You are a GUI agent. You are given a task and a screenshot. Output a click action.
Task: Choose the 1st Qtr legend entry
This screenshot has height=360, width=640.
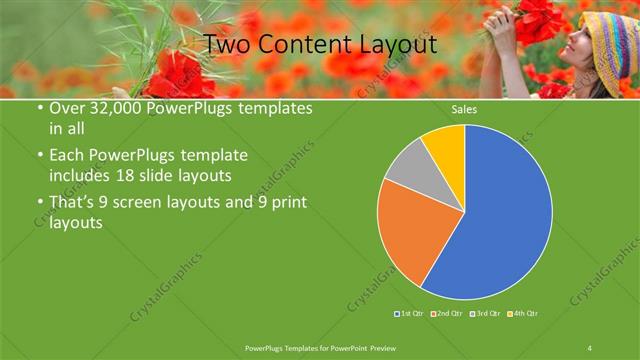pos(410,314)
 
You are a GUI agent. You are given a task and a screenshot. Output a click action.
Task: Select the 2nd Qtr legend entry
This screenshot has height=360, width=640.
pos(446,314)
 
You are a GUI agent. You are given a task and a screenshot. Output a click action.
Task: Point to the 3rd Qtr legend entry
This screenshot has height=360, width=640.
pos(484,314)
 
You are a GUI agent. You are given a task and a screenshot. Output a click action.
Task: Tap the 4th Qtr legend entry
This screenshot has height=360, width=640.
pos(522,314)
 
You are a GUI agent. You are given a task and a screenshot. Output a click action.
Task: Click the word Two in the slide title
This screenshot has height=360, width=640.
pos(225,44)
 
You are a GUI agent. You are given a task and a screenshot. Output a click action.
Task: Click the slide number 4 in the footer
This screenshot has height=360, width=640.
pos(590,348)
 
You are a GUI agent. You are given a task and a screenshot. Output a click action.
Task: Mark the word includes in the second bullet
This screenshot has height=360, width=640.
pos(79,174)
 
